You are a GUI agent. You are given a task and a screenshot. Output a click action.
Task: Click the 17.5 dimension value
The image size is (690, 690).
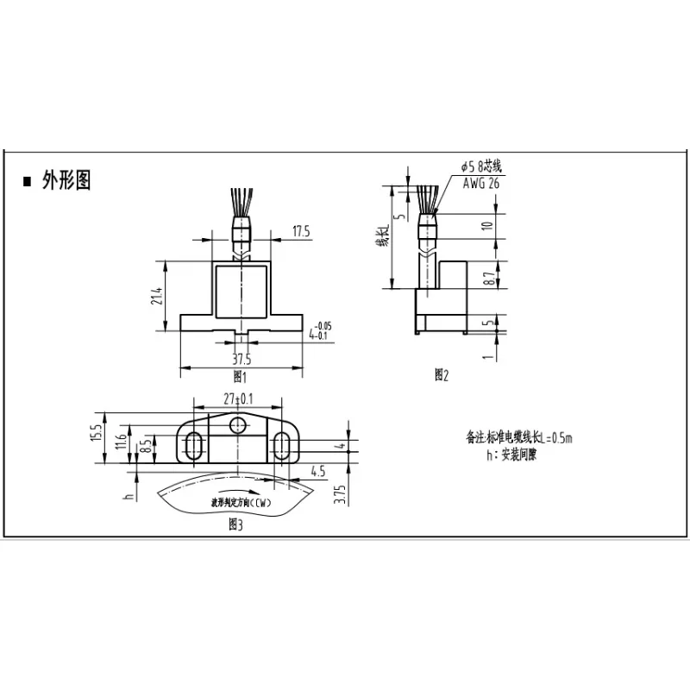pos(301,231)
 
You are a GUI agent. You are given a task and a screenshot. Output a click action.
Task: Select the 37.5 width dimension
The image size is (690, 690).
pos(242,360)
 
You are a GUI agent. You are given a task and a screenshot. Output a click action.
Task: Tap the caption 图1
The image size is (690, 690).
pos(241,377)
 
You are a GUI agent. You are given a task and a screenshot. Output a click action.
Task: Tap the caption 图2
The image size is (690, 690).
pos(442,374)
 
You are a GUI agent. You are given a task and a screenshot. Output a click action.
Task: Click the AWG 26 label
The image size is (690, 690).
pos(480,183)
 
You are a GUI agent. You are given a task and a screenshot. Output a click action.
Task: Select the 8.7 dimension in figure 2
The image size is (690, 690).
pos(490,279)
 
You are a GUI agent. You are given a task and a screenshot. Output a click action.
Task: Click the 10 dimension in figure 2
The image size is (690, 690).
pos(488,226)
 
